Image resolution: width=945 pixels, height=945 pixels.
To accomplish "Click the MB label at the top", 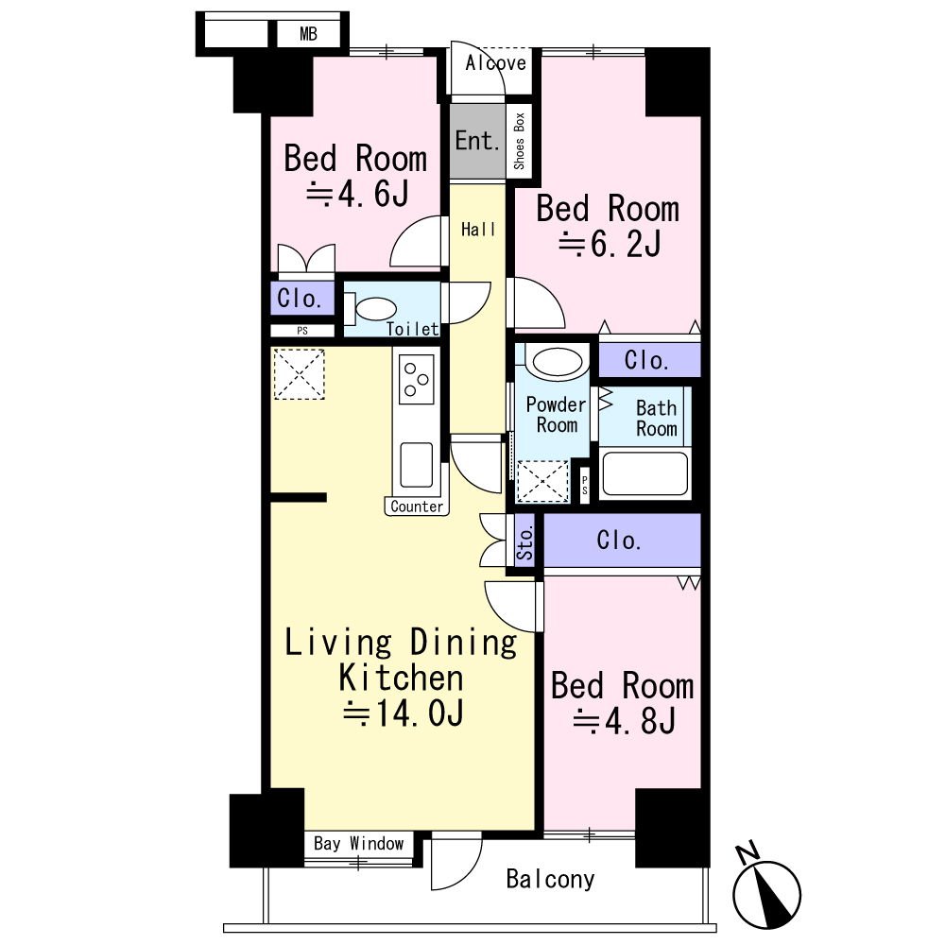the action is pos(308,34).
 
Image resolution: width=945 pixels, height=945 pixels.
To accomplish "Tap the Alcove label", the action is pos(495,62).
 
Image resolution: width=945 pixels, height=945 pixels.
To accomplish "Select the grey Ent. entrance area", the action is pos(477,142).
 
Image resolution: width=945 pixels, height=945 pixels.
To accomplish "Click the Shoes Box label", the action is pos(519,141).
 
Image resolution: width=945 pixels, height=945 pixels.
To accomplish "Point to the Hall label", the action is pos(478,229).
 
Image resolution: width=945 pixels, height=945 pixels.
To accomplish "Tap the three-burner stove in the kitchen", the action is pos(416,379).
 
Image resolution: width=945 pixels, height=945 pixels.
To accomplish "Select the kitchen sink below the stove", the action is pos(416,465).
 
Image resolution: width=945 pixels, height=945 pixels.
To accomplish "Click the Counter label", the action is pos(417,507).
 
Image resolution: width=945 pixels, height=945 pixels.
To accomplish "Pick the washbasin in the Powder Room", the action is pos(558,363).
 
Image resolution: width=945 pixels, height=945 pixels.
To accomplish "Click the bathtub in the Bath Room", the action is pos(644,473).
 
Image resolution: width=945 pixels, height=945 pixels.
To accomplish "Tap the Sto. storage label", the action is pos(524,542).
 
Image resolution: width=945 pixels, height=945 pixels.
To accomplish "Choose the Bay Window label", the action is pos(358,843).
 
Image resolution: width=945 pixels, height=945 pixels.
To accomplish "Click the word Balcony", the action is pos(550,879).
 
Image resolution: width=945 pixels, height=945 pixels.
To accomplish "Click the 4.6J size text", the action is pos(358,194).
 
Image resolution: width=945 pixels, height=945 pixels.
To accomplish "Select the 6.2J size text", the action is pos(610,244).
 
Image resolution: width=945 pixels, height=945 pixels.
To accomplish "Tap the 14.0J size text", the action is pos(403,713).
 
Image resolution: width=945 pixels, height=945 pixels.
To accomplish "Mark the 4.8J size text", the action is pos(624,721).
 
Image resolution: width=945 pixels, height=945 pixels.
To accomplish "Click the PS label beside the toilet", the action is pos(302,331).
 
